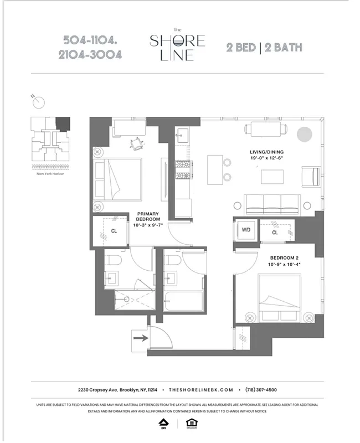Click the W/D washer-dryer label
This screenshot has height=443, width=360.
click(x=245, y=229)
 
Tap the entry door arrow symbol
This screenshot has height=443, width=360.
click(x=140, y=337)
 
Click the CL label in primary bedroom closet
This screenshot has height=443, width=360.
click(x=114, y=231)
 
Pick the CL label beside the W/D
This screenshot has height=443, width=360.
click(x=275, y=233)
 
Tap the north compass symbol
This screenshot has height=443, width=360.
click(x=37, y=102)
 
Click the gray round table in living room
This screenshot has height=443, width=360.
click(x=304, y=133)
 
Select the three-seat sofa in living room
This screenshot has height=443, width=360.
click(x=272, y=204)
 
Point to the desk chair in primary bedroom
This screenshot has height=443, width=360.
click(x=135, y=143)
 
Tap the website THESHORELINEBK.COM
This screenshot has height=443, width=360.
click(x=201, y=389)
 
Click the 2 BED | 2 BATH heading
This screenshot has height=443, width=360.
click(x=264, y=47)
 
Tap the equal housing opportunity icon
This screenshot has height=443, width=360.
click(x=193, y=423)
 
